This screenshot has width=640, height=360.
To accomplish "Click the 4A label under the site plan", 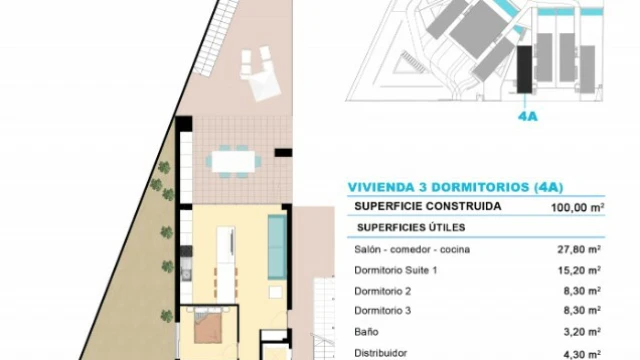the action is click(527, 117).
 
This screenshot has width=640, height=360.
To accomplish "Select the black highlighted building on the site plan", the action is click(524, 69).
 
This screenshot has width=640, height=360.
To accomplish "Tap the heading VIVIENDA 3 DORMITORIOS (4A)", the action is click(456, 187).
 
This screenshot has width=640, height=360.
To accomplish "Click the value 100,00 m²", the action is click(578, 207).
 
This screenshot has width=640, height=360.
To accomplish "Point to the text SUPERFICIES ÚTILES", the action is click(411, 227).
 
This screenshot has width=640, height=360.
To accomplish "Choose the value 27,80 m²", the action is click(579, 249).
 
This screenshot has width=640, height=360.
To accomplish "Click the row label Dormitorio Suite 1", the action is click(396, 270).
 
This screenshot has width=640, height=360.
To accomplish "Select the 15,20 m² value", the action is click(579, 270).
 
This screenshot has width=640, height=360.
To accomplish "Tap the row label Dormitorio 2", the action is click(382, 291).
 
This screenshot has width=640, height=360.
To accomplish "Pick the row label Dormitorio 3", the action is click(382, 311).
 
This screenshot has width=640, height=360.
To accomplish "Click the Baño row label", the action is click(366, 332).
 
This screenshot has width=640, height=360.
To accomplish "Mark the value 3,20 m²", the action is click(582, 332).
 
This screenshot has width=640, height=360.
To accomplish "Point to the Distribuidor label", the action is click(380, 353).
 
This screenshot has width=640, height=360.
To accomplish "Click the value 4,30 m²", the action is click(582, 354).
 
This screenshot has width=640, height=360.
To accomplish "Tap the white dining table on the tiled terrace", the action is click(233, 162).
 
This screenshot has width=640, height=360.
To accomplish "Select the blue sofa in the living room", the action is click(277, 247).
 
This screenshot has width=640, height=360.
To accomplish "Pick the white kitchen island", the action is click(226, 265).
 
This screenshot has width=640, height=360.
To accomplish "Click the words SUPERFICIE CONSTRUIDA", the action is click(428, 206).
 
